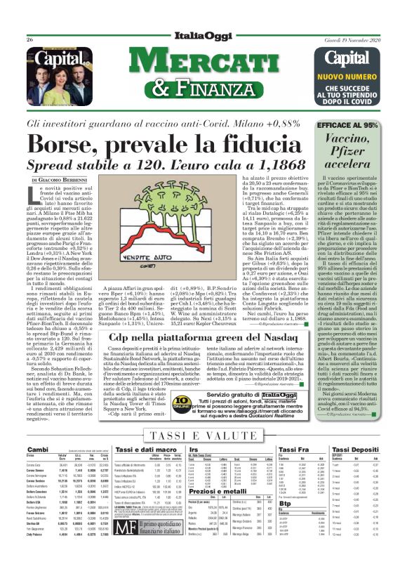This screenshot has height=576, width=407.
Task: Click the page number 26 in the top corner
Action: pyautogui.click(x=30, y=40)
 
